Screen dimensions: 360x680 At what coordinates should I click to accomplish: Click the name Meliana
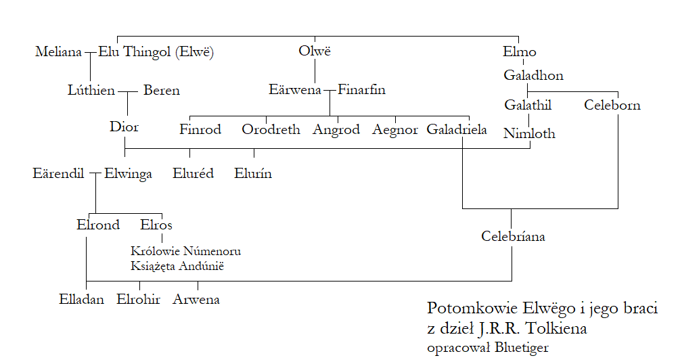coord(59,52)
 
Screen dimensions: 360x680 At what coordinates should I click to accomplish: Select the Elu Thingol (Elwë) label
coord(156,52)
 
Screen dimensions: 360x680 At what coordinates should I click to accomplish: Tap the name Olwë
coord(315,52)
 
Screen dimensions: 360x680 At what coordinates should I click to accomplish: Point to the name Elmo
coord(520,52)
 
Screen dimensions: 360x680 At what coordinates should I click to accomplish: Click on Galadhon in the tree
coord(533,76)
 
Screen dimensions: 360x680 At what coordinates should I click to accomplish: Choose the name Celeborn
coord(612,106)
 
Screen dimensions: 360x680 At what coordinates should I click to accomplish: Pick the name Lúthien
coord(91,90)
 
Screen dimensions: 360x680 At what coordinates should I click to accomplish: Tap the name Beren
coord(162,90)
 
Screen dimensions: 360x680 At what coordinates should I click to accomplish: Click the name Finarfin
coord(362,90)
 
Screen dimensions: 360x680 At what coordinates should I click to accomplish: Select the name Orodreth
coord(271,130)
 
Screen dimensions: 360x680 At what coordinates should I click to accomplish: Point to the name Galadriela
coord(457,130)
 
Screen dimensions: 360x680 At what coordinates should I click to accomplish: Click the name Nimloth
coord(529,134)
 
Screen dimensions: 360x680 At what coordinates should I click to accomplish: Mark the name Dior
coord(124,127)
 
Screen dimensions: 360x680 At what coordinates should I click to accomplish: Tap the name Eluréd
coord(194,174)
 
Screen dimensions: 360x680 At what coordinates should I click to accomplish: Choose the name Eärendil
coord(58,174)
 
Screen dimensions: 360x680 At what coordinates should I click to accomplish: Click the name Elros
coord(156,225)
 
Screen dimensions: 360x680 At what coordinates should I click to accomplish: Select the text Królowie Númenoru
coord(186,252)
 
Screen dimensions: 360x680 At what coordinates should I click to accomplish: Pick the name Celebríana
coord(513,237)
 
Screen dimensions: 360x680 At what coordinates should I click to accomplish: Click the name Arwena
coord(197,299)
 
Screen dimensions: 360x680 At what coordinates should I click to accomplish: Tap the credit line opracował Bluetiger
coord(488,348)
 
